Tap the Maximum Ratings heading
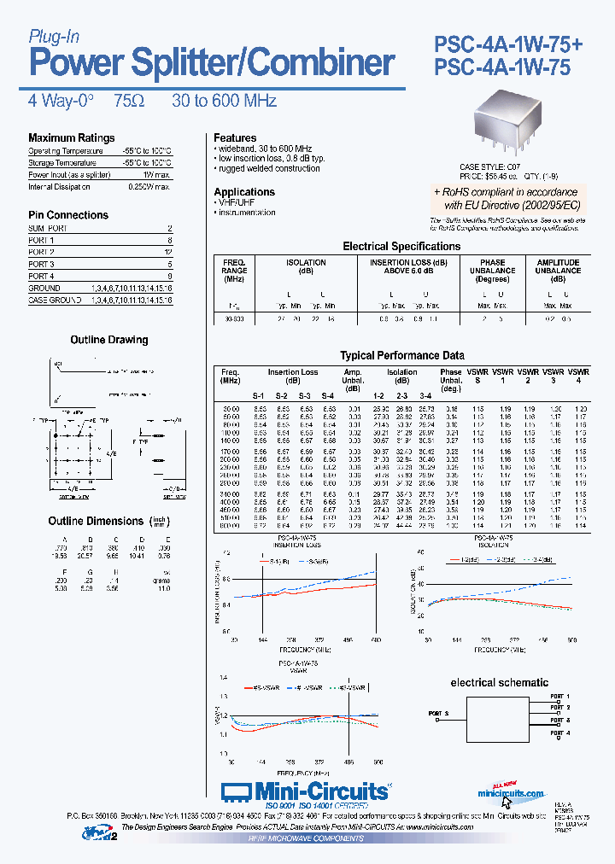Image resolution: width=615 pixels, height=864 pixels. click(71, 138)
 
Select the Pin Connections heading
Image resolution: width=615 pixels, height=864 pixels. click(68, 215)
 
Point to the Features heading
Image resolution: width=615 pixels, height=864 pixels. click(235, 138)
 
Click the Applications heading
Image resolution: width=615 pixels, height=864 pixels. click(244, 192)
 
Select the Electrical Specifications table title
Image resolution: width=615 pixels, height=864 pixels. click(401, 247)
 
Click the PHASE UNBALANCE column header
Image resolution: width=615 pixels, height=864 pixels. click(492, 271)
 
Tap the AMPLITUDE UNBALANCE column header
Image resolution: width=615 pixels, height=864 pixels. click(558, 271)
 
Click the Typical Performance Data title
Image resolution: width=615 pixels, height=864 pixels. click(402, 355)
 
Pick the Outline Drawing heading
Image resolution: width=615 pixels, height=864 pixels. click(108, 340)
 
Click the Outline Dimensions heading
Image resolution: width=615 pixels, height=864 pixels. click(96, 521)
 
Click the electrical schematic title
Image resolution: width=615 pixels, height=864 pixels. click(499, 683)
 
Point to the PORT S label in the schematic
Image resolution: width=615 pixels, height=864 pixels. click(437, 712)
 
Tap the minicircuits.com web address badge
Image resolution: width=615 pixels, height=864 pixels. click(511, 793)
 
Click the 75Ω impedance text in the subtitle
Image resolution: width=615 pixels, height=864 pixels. click(128, 101)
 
